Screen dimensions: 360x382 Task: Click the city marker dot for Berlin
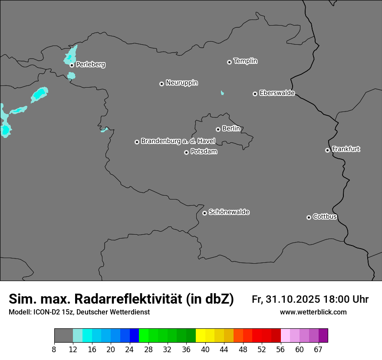click(x=218, y=129)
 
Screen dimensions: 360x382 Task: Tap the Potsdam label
click(x=204, y=152)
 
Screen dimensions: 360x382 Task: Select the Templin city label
click(x=245, y=61)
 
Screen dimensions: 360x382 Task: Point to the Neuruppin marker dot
click(x=161, y=84)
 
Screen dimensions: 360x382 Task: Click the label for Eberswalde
click(x=277, y=93)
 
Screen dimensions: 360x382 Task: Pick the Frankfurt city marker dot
click(x=327, y=150)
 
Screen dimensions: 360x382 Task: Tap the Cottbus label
click(x=325, y=216)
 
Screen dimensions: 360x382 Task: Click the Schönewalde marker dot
click(x=204, y=213)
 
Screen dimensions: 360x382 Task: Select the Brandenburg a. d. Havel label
click(x=178, y=141)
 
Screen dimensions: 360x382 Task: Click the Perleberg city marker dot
click(x=72, y=65)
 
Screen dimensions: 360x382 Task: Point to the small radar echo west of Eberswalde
click(x=222, y=93)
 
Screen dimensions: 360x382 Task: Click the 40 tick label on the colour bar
click(x=205, y=349)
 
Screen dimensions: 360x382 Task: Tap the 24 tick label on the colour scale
click(x=129, y=349)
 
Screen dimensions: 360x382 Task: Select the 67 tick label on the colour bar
click(x=318, y=349)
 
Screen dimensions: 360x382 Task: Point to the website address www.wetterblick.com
click(x=313, y=312)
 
